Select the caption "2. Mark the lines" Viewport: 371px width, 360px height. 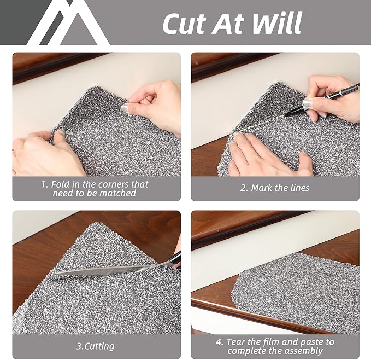click(275, 188)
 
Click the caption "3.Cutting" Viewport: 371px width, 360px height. click(96, 346)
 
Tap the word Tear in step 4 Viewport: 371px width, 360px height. click(239, 341)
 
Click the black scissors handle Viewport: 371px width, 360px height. click(175, 259)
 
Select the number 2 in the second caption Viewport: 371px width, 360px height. click(243, 188)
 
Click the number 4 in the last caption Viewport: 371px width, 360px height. click(219, 341)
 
